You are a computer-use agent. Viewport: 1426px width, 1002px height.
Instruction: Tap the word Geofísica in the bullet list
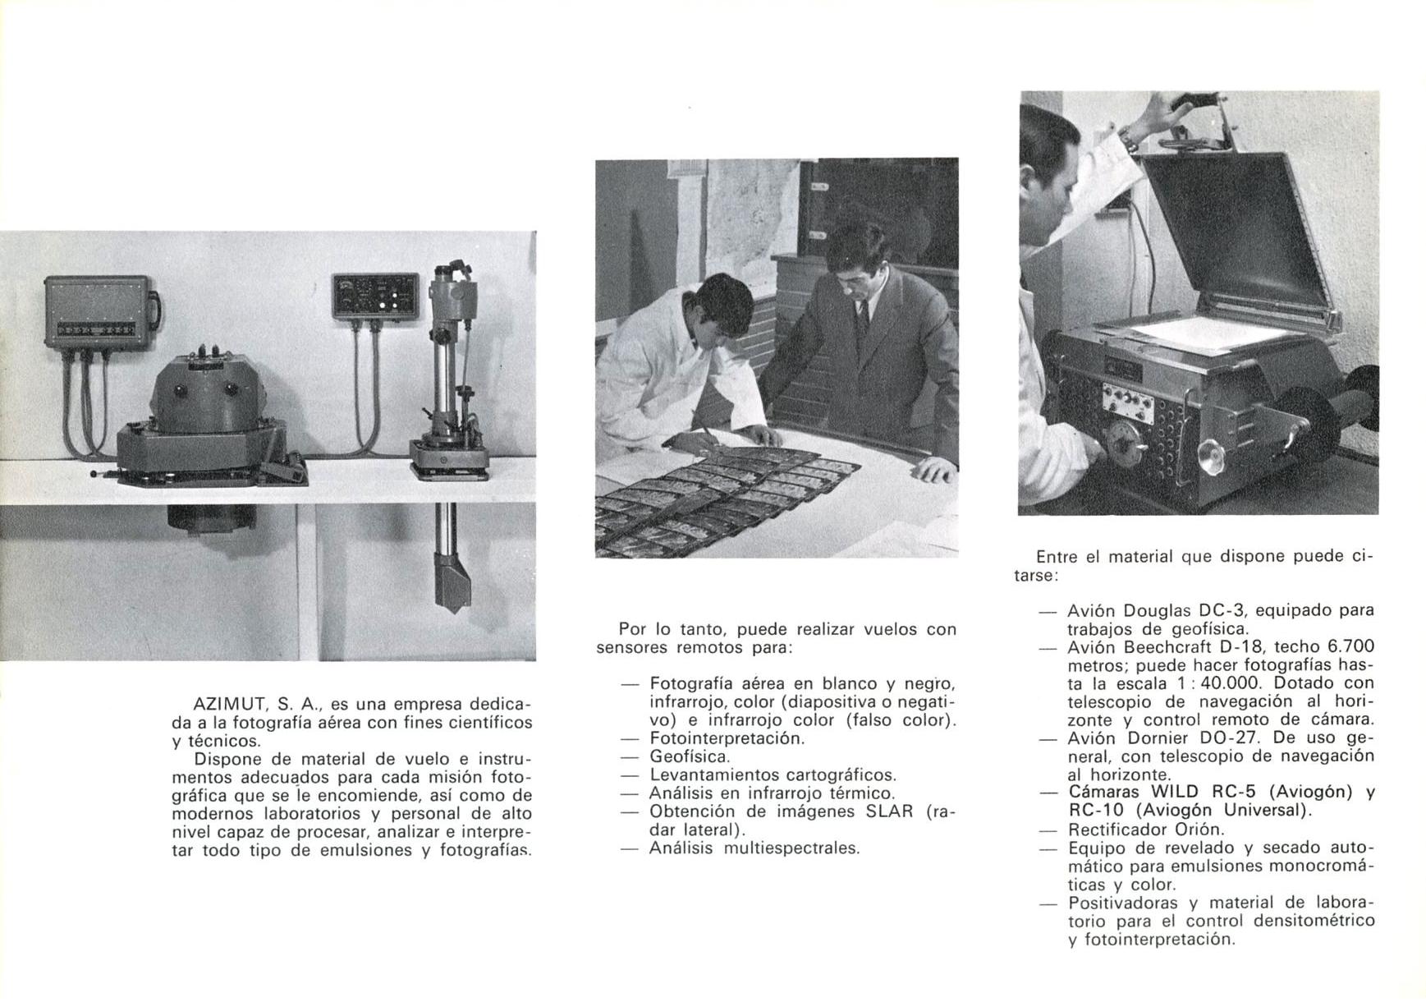click(x=690, y=756)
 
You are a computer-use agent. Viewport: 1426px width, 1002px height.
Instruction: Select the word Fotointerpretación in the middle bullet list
click(x=727, y=738)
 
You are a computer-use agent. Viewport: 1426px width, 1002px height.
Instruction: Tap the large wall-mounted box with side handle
click(x=99, y=311)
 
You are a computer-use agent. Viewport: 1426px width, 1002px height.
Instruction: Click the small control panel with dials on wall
click(x=374, y=296)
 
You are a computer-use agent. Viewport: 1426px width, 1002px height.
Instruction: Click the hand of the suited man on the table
click(x=933, y=470)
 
